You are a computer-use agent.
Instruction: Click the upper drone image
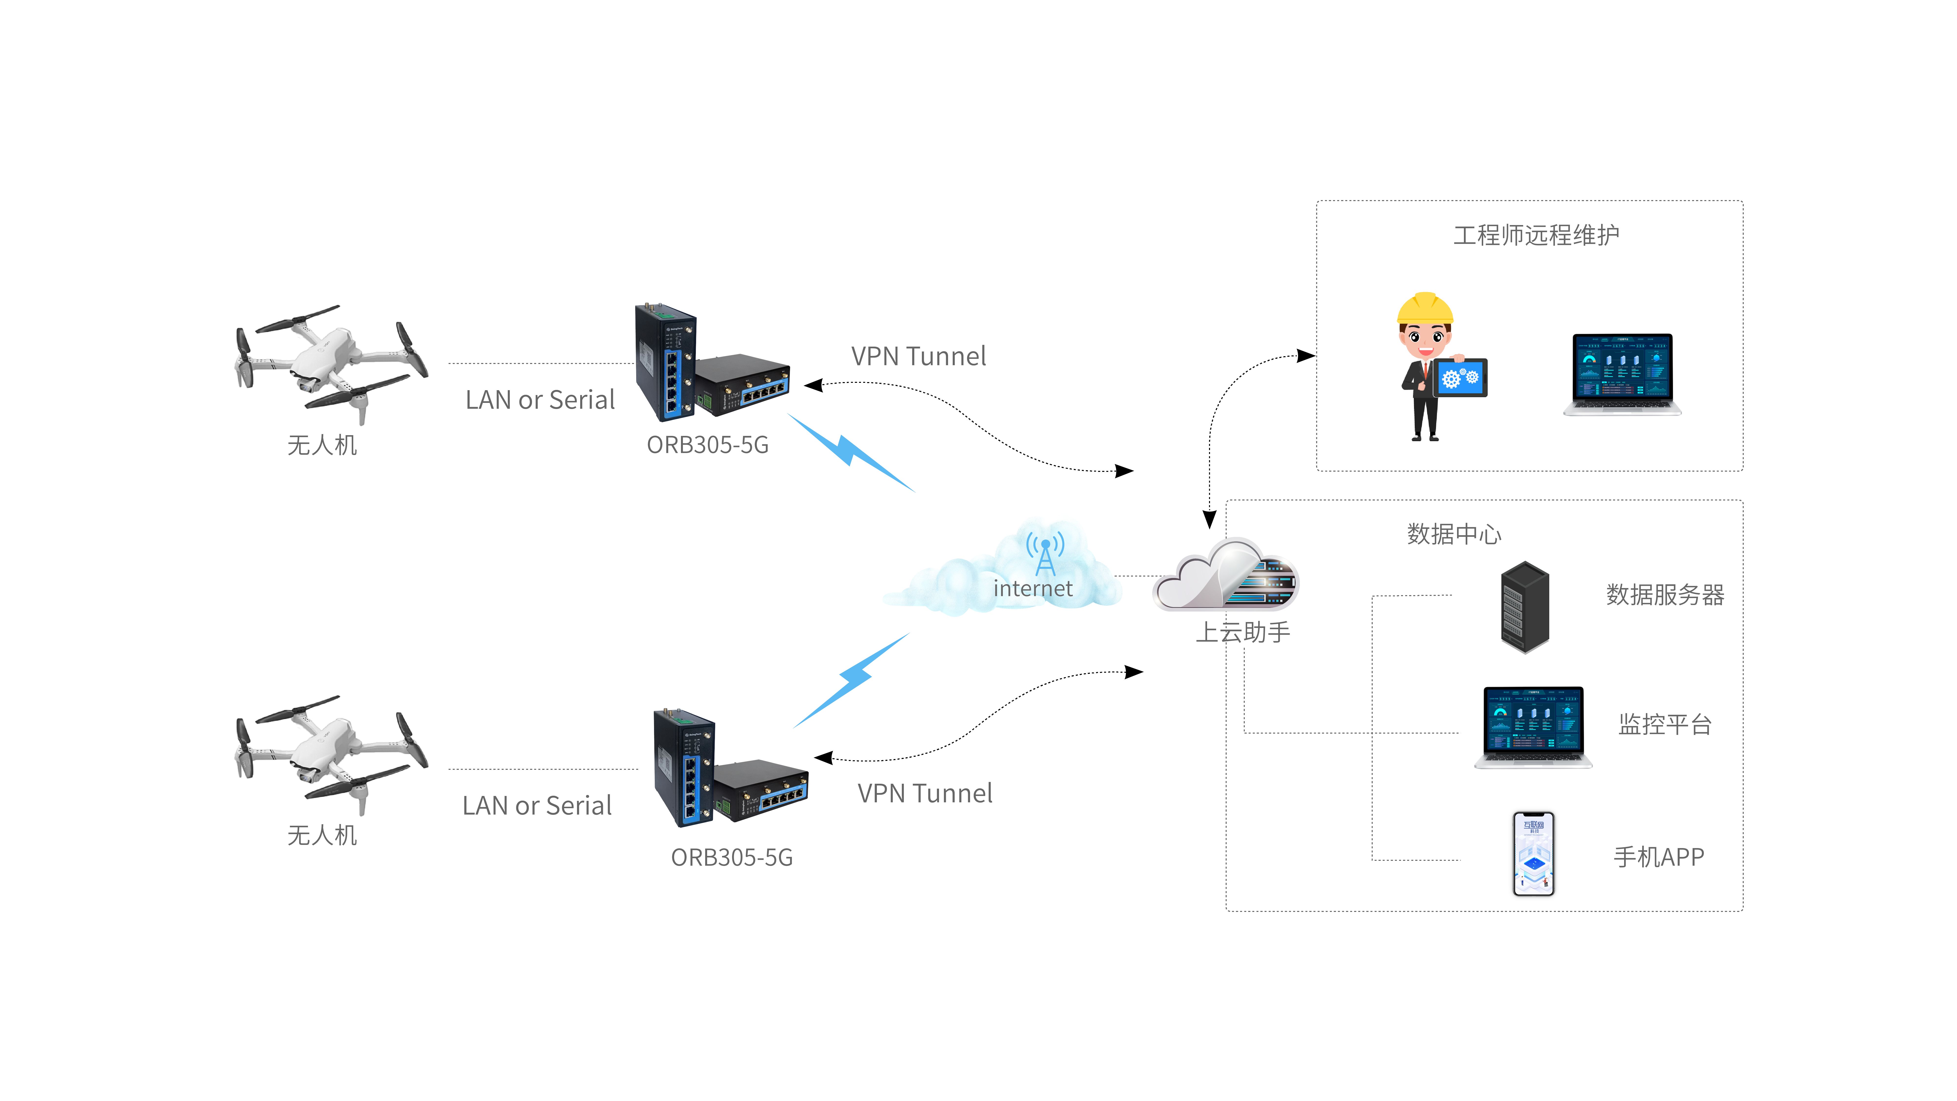(331, 363)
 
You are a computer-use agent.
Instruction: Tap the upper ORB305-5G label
(707, 444)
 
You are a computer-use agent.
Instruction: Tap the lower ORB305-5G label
(732, 857)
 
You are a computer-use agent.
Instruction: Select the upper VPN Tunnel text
(918, 356)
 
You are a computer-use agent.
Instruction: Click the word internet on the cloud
(1032, 588)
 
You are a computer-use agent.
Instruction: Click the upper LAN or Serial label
(539, 400)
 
